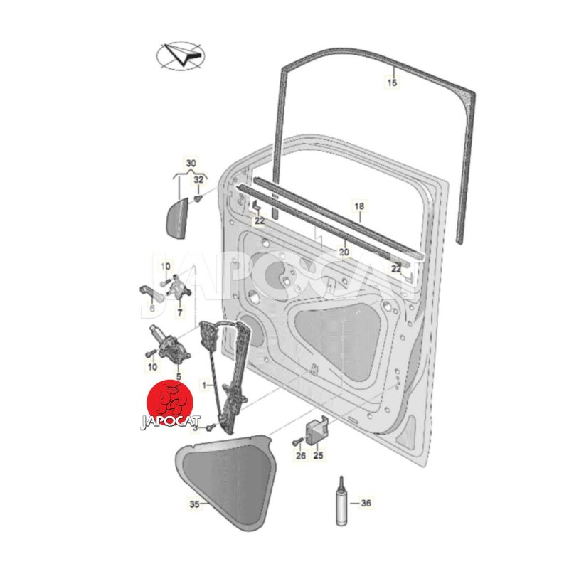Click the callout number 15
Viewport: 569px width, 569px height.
(x=393, y=83)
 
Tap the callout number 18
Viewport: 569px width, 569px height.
(x=359, y=206)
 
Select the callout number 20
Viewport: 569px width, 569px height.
(x=344, y=252)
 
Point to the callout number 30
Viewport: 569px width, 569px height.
(x=191, y=164)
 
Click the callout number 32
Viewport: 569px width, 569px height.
(x=198, y=179)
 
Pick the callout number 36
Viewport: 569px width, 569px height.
(x=366, y=503)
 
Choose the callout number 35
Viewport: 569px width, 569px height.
(x=194, y=504)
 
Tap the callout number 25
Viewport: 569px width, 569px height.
(x=318, y=455)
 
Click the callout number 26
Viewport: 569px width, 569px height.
(x=300, y=455)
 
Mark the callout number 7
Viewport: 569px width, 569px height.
(x=180, y=312)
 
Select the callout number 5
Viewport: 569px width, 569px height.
(x=179, y=377)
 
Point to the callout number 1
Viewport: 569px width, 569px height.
(x=204, y=385)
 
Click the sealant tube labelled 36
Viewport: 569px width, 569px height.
(x=341, y=501)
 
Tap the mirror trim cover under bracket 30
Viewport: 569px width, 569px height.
(x=176, y=219)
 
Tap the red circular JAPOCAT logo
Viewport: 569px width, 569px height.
(x=169, y=402)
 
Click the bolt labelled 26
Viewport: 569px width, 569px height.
(x=297, y=442)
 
